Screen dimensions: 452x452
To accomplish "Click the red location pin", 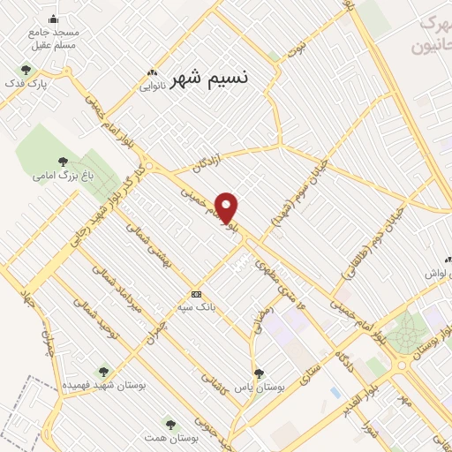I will click(x=227, y=207).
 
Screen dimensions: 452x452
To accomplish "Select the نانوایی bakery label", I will click(x=153, y=87).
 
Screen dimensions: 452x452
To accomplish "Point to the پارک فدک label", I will click(x=48, y=84).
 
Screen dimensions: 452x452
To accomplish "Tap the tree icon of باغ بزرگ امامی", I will click(x=62, y=161).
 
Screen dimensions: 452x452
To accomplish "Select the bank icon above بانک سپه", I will click(x=196, y=294).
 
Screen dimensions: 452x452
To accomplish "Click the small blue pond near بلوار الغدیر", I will click(x=335, y=390).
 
